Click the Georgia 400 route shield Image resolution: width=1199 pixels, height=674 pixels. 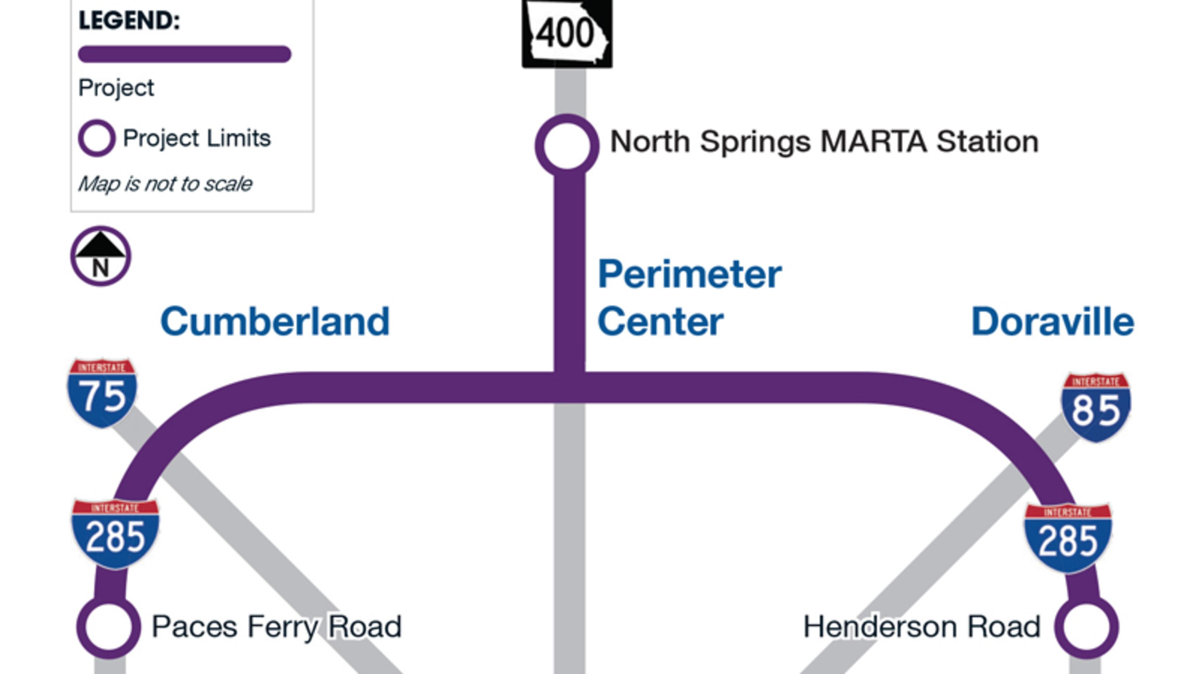point(567,33)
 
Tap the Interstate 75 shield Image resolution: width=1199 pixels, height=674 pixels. point(102,393)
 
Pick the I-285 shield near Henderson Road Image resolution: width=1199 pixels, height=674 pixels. point(1068,538)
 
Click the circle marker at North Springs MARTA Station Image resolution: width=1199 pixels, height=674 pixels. point(567,145)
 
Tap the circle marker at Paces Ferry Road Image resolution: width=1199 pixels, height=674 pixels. point(108,627)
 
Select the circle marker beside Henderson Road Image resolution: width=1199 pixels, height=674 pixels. point(1086,627)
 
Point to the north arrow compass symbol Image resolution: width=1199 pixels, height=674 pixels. point(101,256)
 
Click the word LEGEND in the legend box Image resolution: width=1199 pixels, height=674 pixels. point(129,21)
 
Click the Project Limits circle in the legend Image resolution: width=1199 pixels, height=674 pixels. point(97,138)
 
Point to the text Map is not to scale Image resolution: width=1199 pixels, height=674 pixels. point(165,184)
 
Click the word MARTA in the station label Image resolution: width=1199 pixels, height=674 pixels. point(873,141)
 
